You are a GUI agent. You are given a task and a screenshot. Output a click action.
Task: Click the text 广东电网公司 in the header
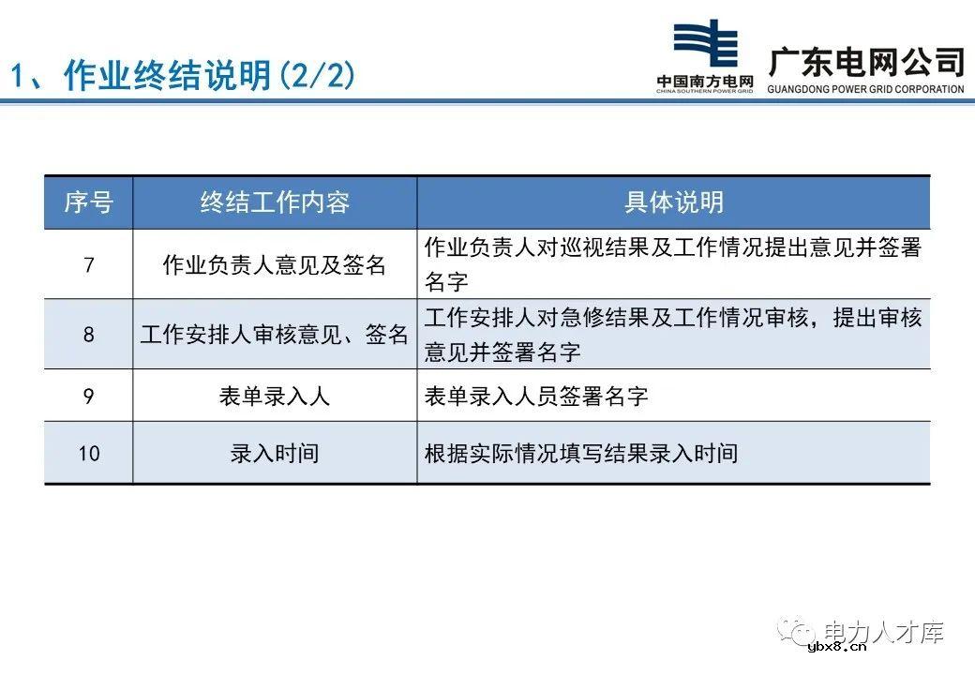click(x=866, y=62)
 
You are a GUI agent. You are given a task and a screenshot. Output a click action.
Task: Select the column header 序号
click(x=88, y=202)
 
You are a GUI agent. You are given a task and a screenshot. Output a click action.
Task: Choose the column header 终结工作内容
click(x=275, y=202)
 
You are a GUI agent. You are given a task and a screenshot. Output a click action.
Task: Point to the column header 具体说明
click(x=673, y=202)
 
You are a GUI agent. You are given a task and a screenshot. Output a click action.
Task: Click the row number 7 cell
click(x=88, y=264)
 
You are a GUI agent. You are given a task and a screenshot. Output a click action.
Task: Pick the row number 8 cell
click(x=88, y=334)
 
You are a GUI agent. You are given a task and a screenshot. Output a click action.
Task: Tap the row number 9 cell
click(x=88, y=396)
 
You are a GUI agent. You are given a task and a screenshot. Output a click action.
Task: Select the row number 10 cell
click(x=88, y=453)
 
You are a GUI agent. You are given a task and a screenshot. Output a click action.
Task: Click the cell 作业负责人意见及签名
click(x=275, y=264)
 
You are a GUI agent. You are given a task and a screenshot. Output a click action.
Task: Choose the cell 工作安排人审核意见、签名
click(x=275, y=334)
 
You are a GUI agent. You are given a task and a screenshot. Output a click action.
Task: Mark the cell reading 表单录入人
click(x=275, y=396)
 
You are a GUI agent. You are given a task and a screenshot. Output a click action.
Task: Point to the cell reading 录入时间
click(x=275, y=453)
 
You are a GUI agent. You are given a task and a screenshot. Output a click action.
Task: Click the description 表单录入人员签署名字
click(x=536, y=396)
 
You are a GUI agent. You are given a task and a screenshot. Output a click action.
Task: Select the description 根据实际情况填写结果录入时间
click(x=581, y=453)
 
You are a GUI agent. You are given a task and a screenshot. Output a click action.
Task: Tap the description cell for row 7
click(x=673, y=264)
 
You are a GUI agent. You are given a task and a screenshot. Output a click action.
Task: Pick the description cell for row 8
click(x=673, y=334)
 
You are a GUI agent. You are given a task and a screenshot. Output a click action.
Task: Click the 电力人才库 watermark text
click(x=882, y=633)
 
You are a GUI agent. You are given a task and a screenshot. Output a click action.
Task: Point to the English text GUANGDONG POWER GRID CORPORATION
click(x=865, y=90)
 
